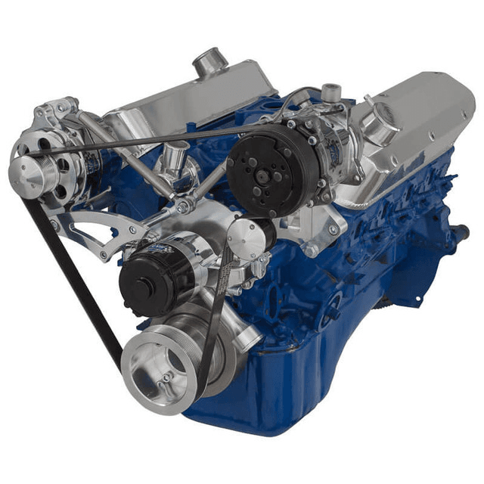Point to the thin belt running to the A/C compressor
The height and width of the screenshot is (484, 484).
(151, 138)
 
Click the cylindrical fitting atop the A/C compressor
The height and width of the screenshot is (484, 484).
(330, 94)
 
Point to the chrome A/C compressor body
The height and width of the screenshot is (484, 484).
(325, 147)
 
